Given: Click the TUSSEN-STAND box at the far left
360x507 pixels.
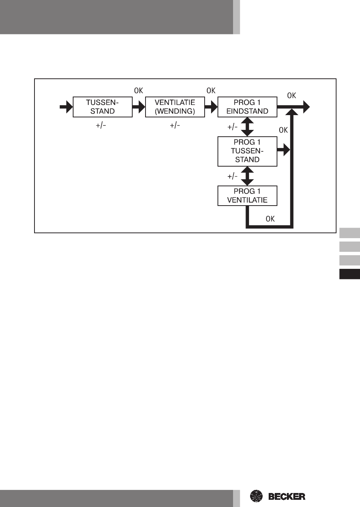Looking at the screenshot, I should (x=102, y=107).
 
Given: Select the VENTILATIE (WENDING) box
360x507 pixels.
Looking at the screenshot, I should (x=175, y=107).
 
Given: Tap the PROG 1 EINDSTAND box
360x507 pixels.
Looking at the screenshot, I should (x=247, y=107).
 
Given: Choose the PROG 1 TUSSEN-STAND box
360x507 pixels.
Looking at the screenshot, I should (x=247, y=151).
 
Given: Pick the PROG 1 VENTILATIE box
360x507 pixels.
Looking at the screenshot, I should (x=247, y=196).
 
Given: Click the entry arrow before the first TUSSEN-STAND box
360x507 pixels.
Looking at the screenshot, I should (x=66, y=107).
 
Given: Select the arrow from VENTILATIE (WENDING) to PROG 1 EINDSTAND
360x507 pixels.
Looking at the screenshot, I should (x=211, y=107).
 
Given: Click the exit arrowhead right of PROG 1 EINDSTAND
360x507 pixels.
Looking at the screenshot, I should (x=305, y=107).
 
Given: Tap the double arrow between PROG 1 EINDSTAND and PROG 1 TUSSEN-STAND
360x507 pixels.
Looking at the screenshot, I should (x=247, y=127).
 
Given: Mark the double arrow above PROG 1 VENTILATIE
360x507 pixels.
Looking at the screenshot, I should (x=247, y=176).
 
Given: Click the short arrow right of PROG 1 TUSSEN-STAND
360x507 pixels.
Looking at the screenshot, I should (x=283, y=150).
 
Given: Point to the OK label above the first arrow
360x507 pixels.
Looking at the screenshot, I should (x=139, y=90).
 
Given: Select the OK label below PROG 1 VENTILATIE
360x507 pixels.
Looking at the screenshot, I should (x=270, y=219).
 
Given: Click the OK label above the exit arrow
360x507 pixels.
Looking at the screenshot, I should (x=291, y=95).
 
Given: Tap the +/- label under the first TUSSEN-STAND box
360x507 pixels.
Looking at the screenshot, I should (x=101, y=125).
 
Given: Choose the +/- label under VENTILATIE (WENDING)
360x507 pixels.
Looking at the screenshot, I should (x=175, y=125).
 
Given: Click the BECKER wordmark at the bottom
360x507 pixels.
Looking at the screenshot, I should (x=287, y=496).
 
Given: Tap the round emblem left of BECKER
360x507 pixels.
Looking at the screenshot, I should (x=257, y=496).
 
